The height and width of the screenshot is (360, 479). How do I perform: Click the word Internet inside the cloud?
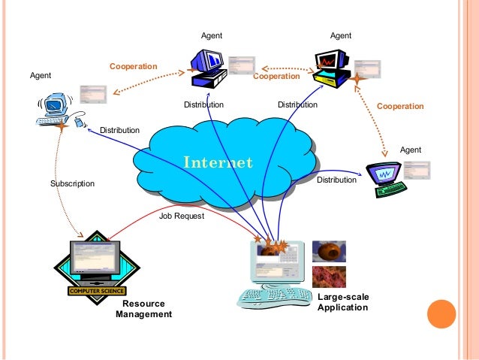(x=218, y=162)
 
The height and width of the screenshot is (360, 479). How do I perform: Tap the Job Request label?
(x=182, y=215)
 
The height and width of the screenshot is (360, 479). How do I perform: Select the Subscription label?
(x=73, y=183)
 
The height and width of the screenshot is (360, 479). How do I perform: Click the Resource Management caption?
(x=143, y=309)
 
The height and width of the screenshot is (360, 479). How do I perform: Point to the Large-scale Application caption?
(x=343, y=302)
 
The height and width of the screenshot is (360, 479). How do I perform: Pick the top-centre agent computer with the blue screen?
(x=207, y=67)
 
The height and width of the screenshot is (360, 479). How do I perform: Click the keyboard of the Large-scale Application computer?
(x=275, y=298)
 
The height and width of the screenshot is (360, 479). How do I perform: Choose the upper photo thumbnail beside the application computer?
(x=329, y=251)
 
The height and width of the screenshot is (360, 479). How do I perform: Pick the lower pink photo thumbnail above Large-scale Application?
(x=329, y=277)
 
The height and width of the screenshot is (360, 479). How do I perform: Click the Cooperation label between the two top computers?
(x=276, y=77)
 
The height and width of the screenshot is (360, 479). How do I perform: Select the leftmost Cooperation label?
(x=134, y=67)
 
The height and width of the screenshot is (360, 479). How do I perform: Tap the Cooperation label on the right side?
(x=400, y=107)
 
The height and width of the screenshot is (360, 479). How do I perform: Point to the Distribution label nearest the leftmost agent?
(x=119, y=130)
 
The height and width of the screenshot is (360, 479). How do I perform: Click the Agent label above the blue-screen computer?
(x=212, y=36)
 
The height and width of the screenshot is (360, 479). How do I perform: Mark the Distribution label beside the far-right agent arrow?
(x=336, y=180)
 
